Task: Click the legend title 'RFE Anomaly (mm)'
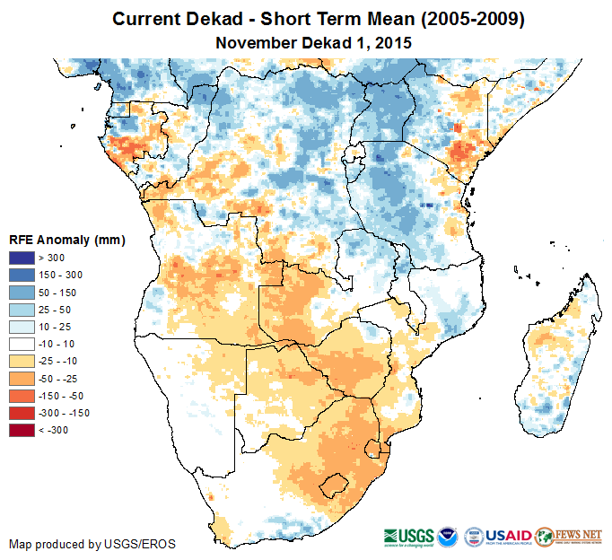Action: click(x=67, y=241)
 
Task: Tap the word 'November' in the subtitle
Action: click(x=256, y=41)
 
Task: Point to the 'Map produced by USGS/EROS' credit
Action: click(x=92, y=544)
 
